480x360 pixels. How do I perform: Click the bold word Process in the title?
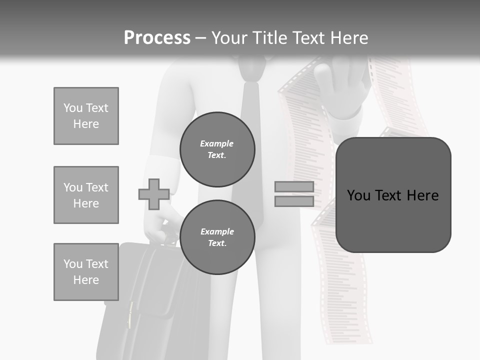coord(157,38)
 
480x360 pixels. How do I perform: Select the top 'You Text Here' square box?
coord(86,116)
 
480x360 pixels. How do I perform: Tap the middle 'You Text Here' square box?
coord(86,195)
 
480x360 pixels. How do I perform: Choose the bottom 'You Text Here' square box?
coord(86,272)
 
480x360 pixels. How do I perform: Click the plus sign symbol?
coord(154,194)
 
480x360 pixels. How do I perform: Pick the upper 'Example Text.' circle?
coord(217,149)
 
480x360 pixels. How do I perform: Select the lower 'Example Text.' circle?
coord(217,237)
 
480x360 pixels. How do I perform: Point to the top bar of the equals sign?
coord(294,187)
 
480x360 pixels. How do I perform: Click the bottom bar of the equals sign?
coord(294,201)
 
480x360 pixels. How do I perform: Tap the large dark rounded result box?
coord(393,195)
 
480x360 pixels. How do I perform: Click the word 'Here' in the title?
coord(348,38)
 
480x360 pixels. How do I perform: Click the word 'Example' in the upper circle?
coord(217,143)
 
